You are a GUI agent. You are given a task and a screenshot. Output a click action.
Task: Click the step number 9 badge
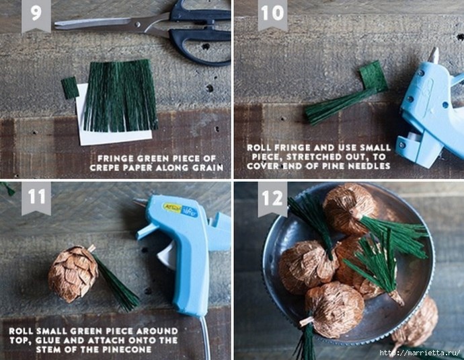tap(36, 15)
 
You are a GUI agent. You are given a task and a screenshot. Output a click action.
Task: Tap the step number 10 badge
tap(272, 14)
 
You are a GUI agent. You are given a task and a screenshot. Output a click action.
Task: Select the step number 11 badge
tap(36, 198)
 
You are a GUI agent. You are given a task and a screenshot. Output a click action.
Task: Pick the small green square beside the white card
tap(70, 87)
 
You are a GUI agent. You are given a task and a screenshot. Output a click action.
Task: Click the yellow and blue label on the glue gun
tap(180, 209)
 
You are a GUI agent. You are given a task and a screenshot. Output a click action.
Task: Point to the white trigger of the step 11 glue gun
tap(167, 255)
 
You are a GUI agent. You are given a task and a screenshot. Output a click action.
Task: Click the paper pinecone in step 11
tap(73, 274)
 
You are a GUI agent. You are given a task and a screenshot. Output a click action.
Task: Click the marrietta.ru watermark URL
tap(420, 353)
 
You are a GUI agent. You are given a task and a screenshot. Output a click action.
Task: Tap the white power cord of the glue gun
tap(205, 338)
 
